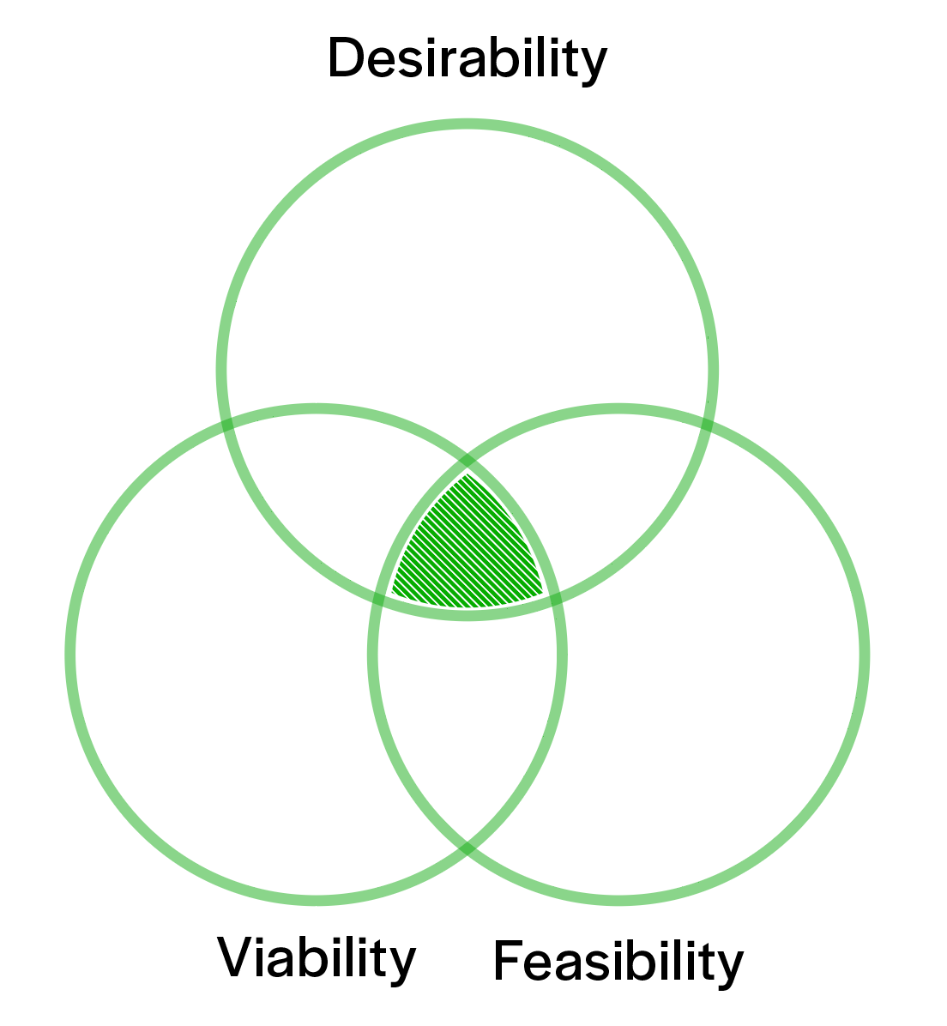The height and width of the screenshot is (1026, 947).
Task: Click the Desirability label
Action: coord(467,58)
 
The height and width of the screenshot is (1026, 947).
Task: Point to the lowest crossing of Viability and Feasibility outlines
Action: coord(467,848)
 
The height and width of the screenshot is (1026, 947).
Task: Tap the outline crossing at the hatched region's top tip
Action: coord(467,464)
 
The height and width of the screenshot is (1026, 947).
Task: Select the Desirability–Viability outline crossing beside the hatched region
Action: coord(377,598)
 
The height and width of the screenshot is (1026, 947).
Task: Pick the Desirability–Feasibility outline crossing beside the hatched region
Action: coord(556,598)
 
